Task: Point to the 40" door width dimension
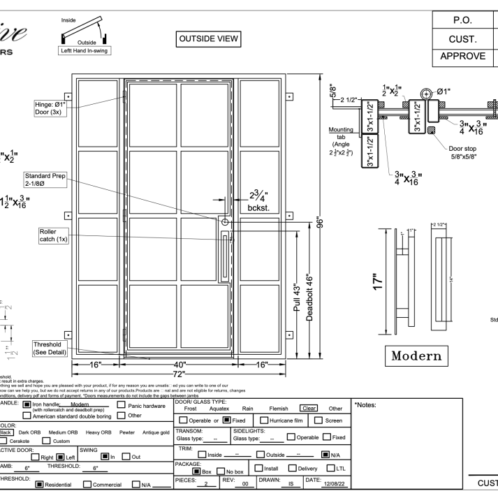pyautogui.click(x=181, y=365)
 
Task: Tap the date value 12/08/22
pyautogui.click(x=333, y=484)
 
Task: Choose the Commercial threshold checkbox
pyautogui.click(x=86, y=484)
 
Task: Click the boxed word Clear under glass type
pyautogui.click(x=308, y=409)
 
